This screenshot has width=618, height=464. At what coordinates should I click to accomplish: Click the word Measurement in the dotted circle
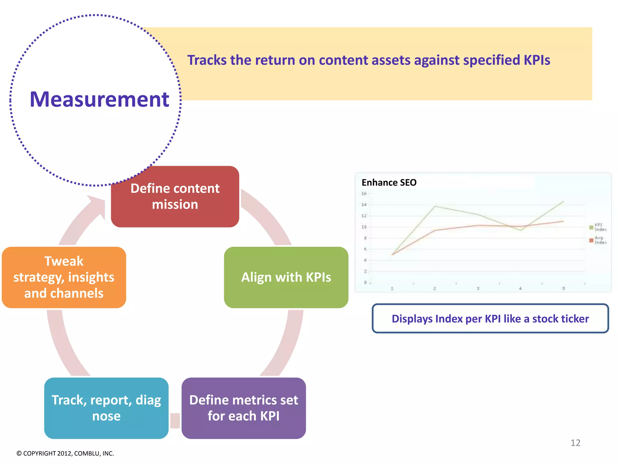99,99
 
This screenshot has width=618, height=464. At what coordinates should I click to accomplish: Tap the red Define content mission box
175,197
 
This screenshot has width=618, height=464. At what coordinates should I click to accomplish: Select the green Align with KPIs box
286,277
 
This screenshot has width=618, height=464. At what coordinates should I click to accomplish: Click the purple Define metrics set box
244,408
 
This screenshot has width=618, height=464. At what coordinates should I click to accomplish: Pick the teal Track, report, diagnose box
106,408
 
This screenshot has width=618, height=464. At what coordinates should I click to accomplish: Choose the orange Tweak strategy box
64,277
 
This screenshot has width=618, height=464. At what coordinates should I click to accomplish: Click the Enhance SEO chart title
389,182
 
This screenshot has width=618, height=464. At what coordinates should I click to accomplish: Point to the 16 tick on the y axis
364,193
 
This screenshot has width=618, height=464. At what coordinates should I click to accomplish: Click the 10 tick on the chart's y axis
364,227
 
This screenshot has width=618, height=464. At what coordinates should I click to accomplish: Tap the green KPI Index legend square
591,227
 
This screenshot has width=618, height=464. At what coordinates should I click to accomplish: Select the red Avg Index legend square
591,240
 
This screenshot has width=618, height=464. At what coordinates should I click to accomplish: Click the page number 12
575,443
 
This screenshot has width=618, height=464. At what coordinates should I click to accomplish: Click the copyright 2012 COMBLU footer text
65,453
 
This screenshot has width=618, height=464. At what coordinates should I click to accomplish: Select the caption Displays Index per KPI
490,319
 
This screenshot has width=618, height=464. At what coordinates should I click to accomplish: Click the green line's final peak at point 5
563,201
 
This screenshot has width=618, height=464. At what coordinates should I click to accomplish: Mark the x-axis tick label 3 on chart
478,288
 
